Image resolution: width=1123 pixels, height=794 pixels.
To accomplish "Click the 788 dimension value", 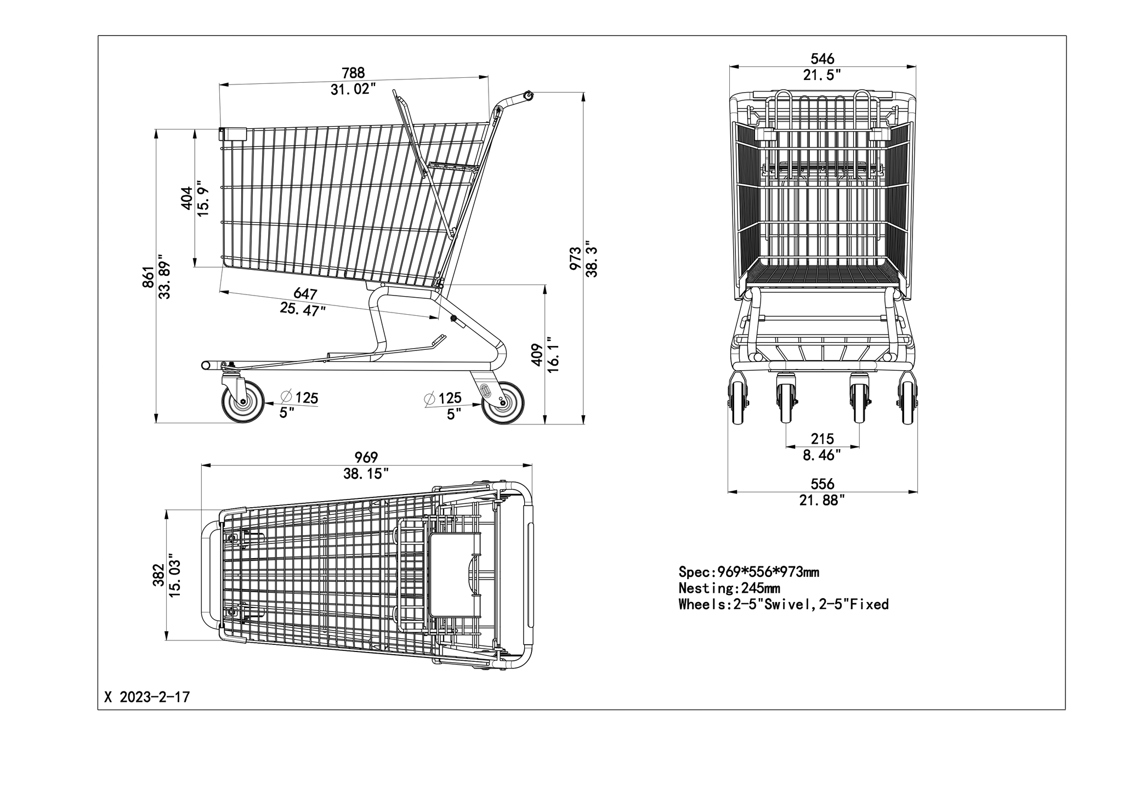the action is pos(353,73).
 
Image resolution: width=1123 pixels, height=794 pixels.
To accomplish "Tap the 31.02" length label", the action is pos(353,89).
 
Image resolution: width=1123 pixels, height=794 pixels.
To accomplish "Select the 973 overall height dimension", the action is pos(575,258).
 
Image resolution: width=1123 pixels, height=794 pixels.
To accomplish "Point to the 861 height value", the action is pos(148,277).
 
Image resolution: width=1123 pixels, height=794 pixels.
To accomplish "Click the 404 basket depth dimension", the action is pos(187,198).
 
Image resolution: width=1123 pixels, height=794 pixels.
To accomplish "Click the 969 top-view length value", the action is pos(366,457).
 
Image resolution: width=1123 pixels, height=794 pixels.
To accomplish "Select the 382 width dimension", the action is pos(158,575).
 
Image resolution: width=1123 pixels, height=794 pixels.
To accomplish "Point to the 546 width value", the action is pos(823,59).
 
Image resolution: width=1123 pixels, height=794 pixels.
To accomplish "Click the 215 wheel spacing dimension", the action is pos(823,439).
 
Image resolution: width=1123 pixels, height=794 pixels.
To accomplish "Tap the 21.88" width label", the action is pos(822,500).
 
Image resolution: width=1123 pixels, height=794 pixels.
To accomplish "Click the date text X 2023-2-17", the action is pos(147,697).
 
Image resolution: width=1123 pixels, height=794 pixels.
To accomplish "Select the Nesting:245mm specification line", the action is pos(729,588).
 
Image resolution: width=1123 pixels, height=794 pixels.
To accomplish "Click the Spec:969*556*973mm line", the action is pos(749,572).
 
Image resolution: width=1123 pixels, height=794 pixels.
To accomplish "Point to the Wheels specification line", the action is pos(784,604).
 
